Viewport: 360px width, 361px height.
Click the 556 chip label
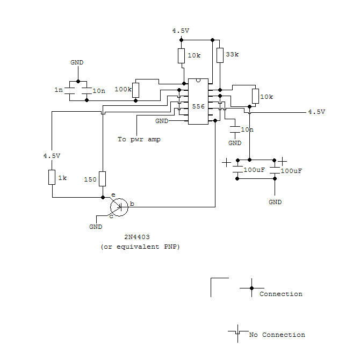tap(198, 106)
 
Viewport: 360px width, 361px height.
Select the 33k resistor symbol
tap(220, 55)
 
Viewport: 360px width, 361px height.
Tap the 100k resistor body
tap(135, 90)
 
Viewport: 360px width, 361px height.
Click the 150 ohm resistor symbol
tap(103, 179)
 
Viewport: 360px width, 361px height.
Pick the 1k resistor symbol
tap(52, 177)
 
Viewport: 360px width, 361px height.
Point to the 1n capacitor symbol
tap(69, 91)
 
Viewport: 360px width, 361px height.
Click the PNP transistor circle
tap(119, 207)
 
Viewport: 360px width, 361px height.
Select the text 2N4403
tap(137, 237)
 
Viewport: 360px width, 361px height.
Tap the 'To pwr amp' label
tap(139, 140)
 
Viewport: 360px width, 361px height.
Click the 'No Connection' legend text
tap(277, 335)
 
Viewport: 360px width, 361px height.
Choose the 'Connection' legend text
tap(281, 294)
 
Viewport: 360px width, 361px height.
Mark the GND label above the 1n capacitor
tap(77, 62)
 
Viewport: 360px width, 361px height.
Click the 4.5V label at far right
tap(316, 112)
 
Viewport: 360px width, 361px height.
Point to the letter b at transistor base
tap(132, 204)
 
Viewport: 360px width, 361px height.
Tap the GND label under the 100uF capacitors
tap(275, 202)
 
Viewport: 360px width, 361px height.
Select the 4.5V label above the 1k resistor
tap(52, 156)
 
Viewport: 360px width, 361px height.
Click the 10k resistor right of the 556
tap(255, 96)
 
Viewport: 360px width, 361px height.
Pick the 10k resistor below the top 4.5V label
tap(181, 56)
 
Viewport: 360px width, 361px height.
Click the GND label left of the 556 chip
tap(162, 121)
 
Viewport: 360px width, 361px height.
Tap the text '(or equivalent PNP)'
tap(140, 247)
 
